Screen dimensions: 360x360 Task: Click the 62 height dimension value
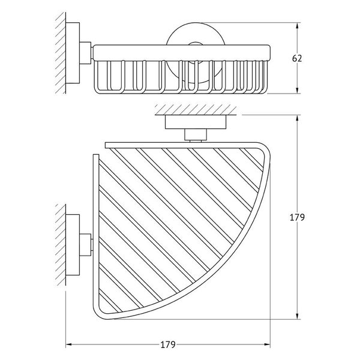click(296, 58)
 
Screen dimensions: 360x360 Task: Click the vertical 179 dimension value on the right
click(297, 217)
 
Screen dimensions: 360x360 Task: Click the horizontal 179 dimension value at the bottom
click(168, 344)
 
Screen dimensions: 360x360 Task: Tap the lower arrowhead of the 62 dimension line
click(298, 91)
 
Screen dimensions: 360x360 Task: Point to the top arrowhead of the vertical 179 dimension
click(298, 118)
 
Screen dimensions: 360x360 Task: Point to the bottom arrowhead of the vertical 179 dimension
click(298, 316)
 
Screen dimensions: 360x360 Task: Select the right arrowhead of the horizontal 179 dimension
click(267, 344)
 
